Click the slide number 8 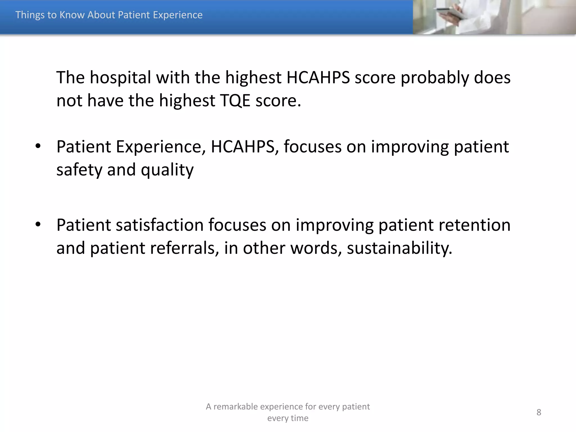pos(539,412)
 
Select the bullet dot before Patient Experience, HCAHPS pos(38,146)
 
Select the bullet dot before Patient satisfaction pos(38,224)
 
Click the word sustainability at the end pos(399,248)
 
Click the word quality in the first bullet pos(167,170)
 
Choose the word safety pos(79,170)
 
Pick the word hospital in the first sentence pos(120,78)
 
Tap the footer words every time pos(288,418)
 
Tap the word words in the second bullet pos(316,248)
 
